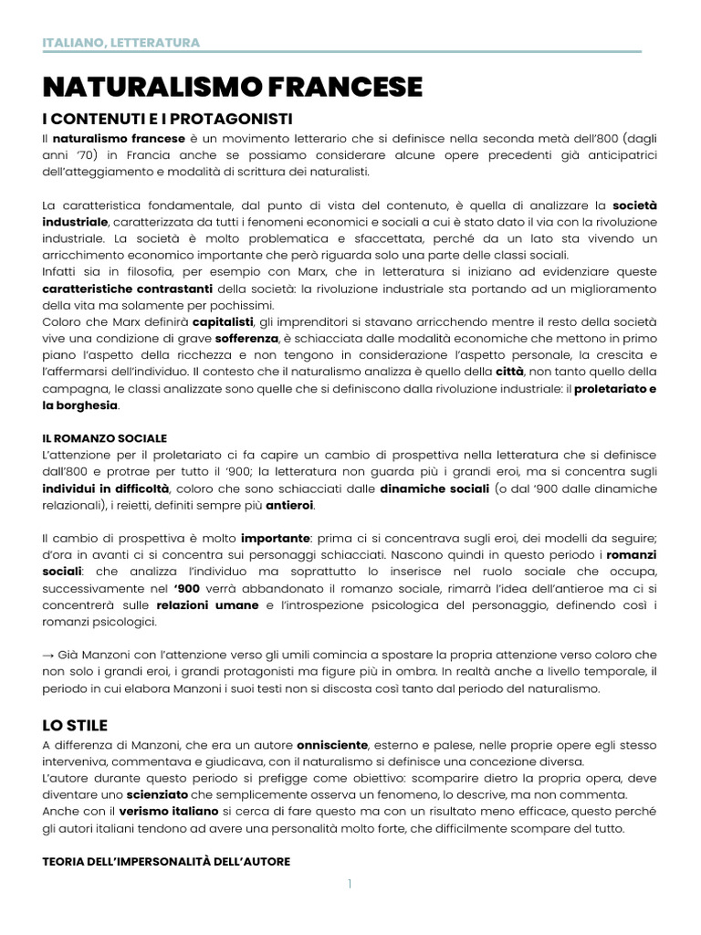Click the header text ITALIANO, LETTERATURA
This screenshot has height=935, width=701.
coord(120,43)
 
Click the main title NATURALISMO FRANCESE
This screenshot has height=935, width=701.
coord(233,87)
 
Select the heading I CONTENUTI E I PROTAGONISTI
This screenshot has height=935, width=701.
coord(167,120)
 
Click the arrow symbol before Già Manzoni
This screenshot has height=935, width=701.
coord(49,656)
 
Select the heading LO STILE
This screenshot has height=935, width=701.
coord(75,725)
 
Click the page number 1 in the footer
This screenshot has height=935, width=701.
coord(350,884)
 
